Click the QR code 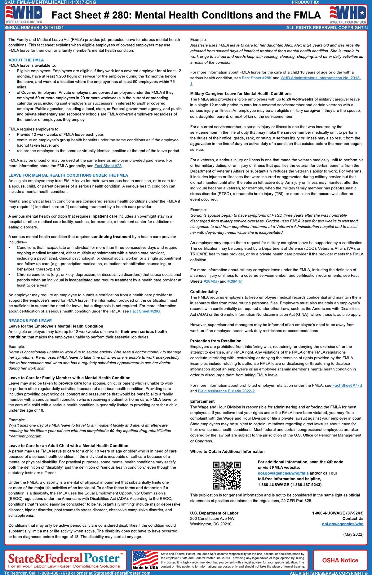(226, 475)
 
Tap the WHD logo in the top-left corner (24, 15)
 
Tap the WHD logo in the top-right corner (348, 15)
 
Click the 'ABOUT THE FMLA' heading (26, 60)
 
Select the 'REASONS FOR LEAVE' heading (30, 321)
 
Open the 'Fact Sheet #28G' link (145, 311)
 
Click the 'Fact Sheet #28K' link (256, 78)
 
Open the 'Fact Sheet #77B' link (347, 386)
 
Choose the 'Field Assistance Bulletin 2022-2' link (226, 391)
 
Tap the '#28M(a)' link (211, 281)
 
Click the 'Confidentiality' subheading (204, 292)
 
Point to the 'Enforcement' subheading (202, 401)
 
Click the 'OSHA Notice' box (340, 560)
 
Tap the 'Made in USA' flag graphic (145, 560)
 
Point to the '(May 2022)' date (353, 534)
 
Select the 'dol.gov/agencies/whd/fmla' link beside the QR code (283, 473)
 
